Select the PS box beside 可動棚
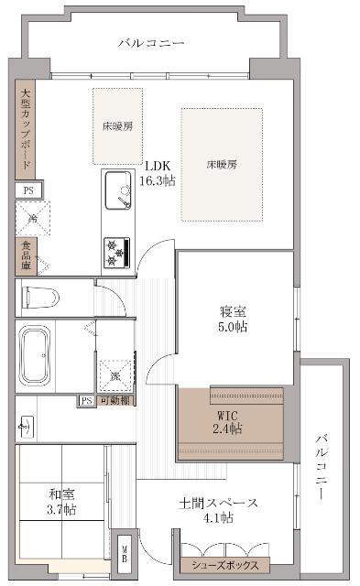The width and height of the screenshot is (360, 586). click(86, 401)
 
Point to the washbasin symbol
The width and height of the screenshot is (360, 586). click(26, 426)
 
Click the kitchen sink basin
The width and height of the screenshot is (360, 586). click(117, 189)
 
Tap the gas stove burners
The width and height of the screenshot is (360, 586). click(116, 251)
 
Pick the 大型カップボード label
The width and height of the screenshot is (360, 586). click(26, 128)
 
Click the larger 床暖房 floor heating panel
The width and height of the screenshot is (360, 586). click(222, 165)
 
